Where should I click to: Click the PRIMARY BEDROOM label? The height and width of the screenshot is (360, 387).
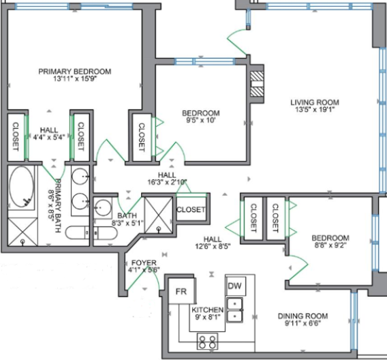pyautogui.click(x=75, y=72)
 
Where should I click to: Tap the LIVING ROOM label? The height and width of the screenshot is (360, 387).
pyautogui.click(x=315, y=102)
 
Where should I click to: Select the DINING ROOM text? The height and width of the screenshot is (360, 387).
pyautogui.click(x=303, y=316)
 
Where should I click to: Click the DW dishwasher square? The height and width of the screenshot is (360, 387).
pyautogui.click(x=236, y=286)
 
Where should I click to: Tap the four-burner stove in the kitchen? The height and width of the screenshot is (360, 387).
pyautogui.click(x=207, y=342)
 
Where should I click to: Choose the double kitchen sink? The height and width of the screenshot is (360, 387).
pyautogui.click(x=234, y=310)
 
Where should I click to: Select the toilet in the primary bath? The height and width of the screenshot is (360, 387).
pyautogui.click(x=77, y=232)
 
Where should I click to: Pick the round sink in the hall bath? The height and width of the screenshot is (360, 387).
pyautogui.click(x=103, y=207)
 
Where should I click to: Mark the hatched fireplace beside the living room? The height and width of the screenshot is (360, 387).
pyautogui.click(x=257, y=84)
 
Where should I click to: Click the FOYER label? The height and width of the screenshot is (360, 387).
pyautogui.click(x=144, y=262)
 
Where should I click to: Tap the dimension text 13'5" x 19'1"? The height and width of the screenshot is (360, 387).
pyautogui.click(x=315, y=109)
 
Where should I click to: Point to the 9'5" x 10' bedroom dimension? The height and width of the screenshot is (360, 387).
pyautogui.click(x=201, y=121)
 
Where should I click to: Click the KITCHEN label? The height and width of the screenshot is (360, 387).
pyautogui.click(x=208, y=310)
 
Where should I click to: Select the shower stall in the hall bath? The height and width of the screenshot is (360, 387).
pyautogui.click(x=159, y=215)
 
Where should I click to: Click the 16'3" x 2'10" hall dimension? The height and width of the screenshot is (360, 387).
pyautogui.click(x=167, y=182)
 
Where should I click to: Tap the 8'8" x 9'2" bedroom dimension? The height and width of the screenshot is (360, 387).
pyautogui.click(x=330, y=245)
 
